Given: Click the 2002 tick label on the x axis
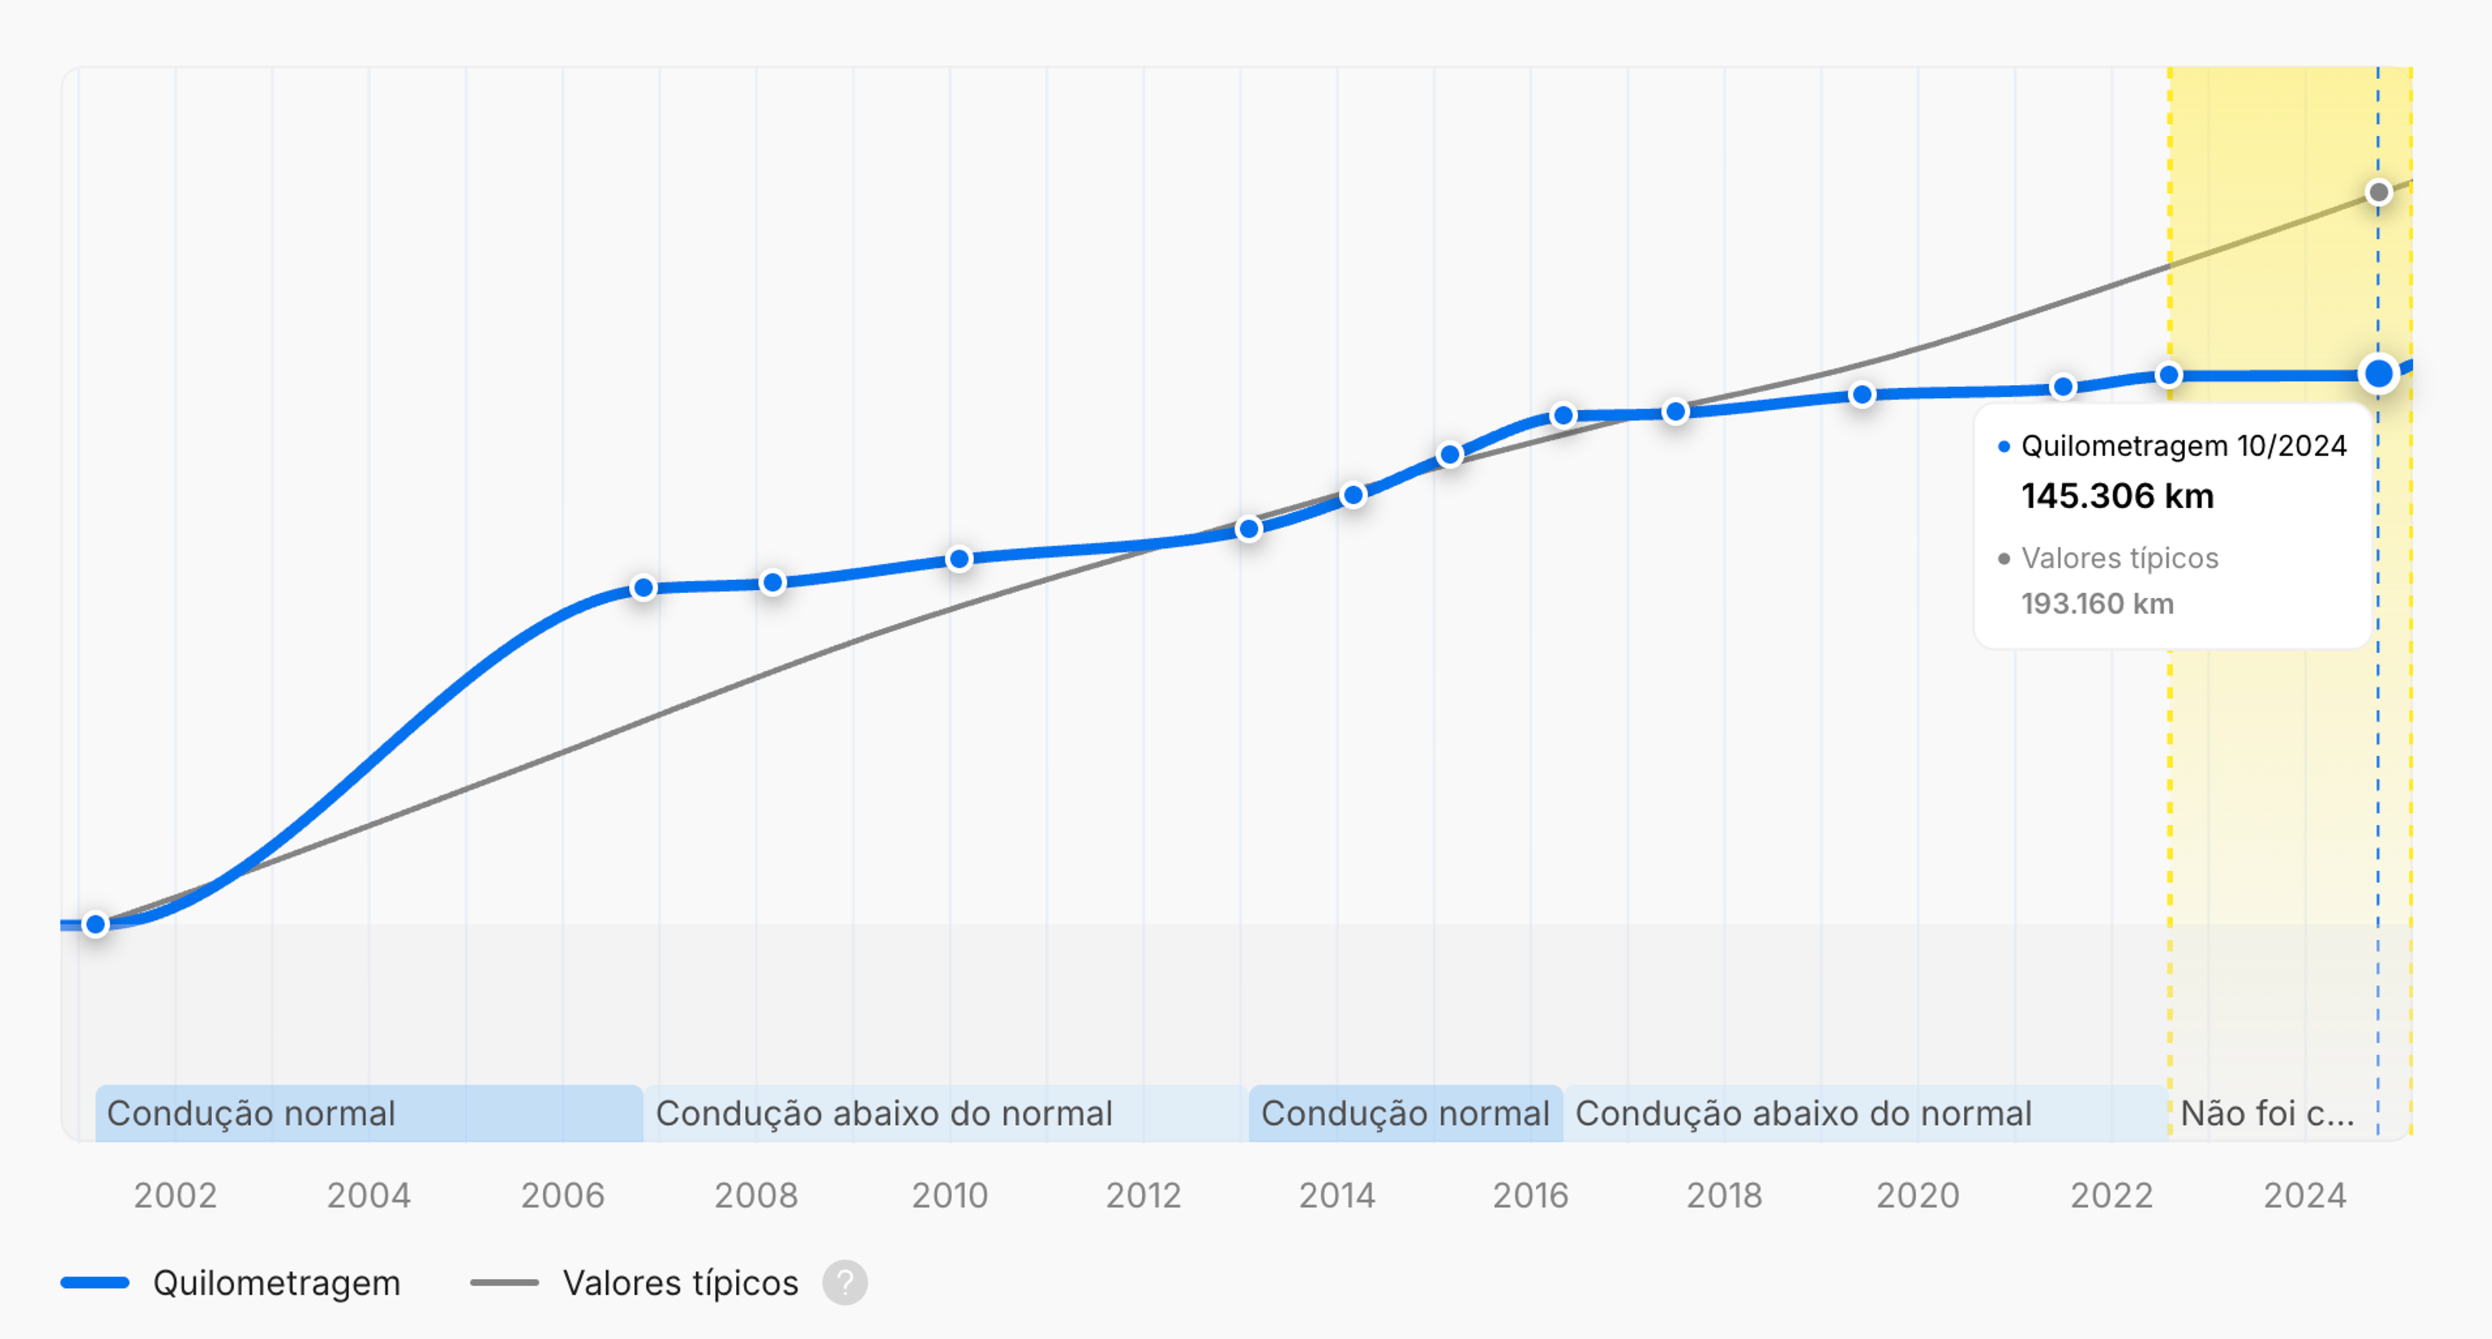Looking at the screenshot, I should click(x=175, y=1196).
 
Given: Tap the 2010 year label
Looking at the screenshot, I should click(x=949, y=1196).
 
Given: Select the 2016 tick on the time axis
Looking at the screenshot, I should click(x=1530, y=1196).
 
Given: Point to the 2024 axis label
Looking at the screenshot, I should click(x=2304, y=1196).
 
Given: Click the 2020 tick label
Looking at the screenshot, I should click(x=1918, y=1196).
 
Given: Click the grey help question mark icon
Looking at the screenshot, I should click(x=844, y=1283).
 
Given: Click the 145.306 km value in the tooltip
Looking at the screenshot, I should click(x=2117, y=497).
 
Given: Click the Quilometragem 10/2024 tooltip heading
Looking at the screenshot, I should click(x=2182, y=446).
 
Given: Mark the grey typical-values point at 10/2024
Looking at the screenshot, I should click(x=2378, y=193).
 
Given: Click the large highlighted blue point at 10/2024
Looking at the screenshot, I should click(x=2378, y=373).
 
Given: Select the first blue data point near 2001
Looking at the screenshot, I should click(x=96, y=924).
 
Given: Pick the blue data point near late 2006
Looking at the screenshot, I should click(x=643, y=587).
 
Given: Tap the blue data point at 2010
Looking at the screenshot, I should click(x=959, y=558).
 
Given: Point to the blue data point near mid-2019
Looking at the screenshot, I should click(x=1861, y=395).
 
